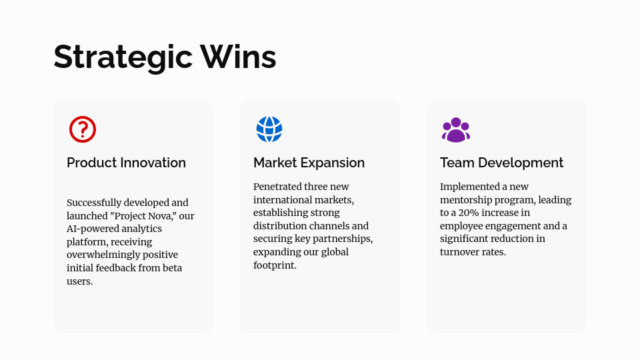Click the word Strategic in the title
pos(123,57)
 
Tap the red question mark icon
pos(83,129)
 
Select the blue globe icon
pos(269,129)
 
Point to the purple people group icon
pos(456,130)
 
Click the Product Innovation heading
pos(126,163)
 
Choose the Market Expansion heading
pos(309,163)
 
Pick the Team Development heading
pos(501,163)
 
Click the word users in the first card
pos(79,281)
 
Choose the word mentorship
pos(466,200)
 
